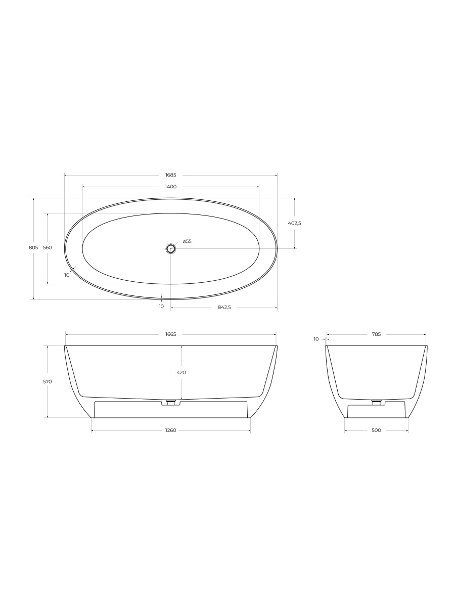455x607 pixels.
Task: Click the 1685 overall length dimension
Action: click(x=171, y=175)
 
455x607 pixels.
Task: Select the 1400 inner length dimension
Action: click(x=171, y=187)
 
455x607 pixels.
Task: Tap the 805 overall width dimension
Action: click(x=33, y=247)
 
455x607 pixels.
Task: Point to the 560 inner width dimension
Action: click(x=48, y=247)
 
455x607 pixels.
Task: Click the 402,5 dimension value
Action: click(x=295, y=223)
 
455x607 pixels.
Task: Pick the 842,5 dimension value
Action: click(x=224, y=307)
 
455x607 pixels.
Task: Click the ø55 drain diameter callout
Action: click(x=187, y=241)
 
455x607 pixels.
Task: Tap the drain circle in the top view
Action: click(x=171, y=248)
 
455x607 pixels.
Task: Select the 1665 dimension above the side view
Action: click(x=171, y=334)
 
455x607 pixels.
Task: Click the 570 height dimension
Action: click(x=48, y=381)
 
